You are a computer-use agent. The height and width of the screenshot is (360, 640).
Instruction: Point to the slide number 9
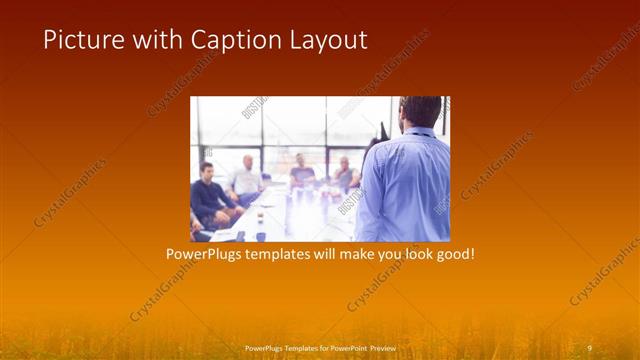coord(589,347)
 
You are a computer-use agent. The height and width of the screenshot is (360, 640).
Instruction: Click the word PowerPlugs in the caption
coord(206,255)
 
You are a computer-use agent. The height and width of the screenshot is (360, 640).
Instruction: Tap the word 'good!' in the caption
coord(454,255)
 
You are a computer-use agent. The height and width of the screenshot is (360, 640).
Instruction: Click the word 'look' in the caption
coord(413,255)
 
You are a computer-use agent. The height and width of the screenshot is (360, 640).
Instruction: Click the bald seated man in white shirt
coord(246,178)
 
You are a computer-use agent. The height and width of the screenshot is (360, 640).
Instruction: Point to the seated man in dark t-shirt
coord(302,172)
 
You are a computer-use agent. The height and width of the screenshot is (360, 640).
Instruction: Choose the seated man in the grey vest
coord(345,175)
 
